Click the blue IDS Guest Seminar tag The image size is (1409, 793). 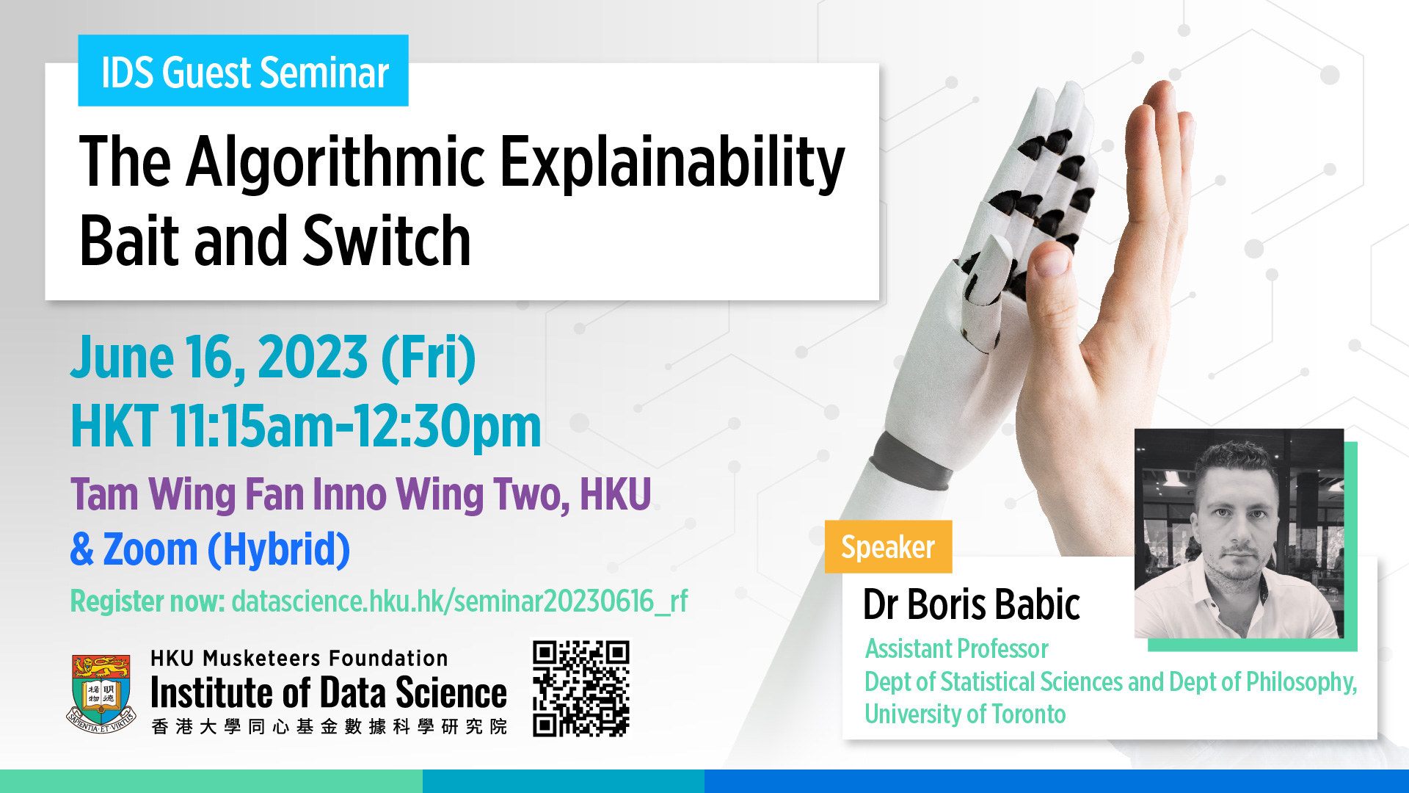point(243,70)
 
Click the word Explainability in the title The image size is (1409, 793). point(672,163)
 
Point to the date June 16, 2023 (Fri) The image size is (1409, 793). point(273,358)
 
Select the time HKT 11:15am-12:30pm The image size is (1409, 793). point(306,426)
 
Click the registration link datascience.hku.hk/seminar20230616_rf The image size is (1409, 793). point(459,601)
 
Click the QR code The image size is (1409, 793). point(581,689)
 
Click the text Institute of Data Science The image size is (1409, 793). point(329,692)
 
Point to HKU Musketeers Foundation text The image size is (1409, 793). point(299,658)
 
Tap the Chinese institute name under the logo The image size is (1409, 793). point(329,726)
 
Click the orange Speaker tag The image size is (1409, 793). point(888,547)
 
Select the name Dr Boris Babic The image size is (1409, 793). point(971,604)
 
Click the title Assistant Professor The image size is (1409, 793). point(956,649)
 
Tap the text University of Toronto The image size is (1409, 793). point(965,714)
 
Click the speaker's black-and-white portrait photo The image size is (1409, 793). point(1239,533)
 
